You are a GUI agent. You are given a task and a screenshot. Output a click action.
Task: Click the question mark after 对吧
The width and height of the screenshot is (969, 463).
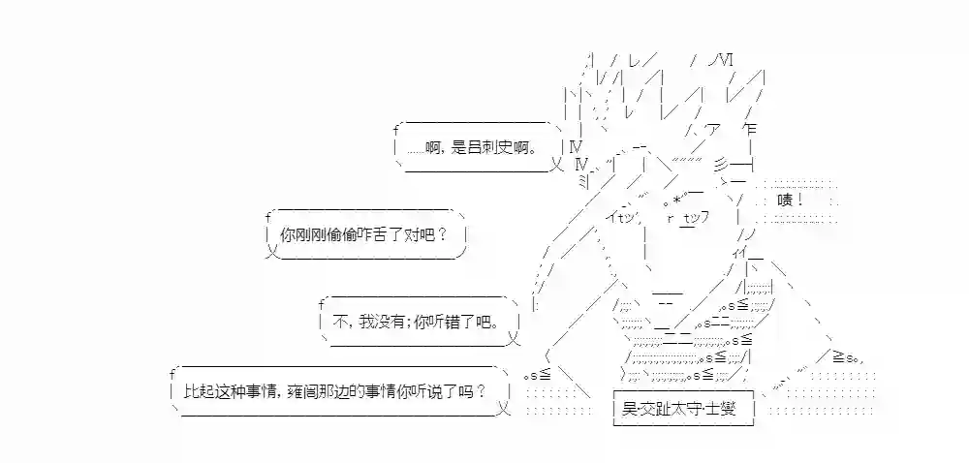point(443,234)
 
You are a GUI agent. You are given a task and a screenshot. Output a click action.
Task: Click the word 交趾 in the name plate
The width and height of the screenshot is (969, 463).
point(656,409)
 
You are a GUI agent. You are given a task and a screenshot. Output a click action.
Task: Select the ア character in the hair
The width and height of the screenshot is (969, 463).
point(710,131)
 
